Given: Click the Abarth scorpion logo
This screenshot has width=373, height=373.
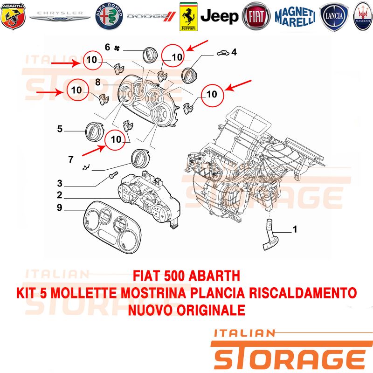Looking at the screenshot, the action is [13, 16].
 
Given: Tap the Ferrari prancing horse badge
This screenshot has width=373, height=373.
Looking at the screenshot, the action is [188, 17].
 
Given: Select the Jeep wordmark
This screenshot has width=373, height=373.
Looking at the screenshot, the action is [219, 16].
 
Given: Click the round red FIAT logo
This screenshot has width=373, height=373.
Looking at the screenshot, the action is [256, 16].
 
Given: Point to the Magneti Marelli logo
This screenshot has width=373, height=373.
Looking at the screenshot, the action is [295, 17].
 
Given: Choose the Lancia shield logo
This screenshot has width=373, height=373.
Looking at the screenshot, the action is [334, 16].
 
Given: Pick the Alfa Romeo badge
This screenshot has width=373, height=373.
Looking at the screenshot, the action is [109, 16].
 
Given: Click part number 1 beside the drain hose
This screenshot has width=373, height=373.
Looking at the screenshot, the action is [295, 229].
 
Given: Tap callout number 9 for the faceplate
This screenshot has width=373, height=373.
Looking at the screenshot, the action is [60, 207].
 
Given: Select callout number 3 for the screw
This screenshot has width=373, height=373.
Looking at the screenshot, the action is [60, 183].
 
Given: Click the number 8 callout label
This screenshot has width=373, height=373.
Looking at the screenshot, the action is [98, 82].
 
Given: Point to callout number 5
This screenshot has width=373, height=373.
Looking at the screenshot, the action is [60, 129].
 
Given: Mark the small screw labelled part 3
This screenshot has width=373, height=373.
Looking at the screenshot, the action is [113, 175].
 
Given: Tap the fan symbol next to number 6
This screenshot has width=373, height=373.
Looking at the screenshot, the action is [117, 48].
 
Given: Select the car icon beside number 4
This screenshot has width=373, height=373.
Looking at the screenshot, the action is [223, 53].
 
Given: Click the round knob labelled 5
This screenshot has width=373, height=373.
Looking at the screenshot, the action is [95, 132].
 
